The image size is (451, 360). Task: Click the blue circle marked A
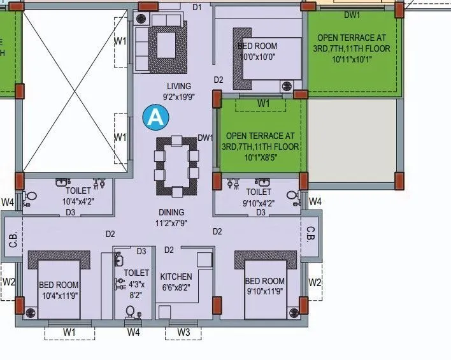tap(154, 117)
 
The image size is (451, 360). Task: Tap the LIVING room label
tap(179, 86)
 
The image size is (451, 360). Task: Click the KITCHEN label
tap(176, 277)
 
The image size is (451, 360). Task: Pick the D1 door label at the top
tap(196, 7)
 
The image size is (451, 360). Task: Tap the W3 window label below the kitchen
tap(183, 332)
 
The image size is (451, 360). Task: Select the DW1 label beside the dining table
tap(204, 138)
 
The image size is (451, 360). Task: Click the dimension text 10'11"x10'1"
tap(352, 59)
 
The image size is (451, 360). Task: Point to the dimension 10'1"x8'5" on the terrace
tap(261, 158)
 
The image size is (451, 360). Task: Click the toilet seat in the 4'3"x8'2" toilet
tap(131, 312)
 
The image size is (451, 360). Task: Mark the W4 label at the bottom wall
tap(133, 332)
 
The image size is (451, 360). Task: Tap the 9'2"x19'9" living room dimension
tap(178, 97)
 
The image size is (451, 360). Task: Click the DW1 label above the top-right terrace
tap(352, 14)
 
